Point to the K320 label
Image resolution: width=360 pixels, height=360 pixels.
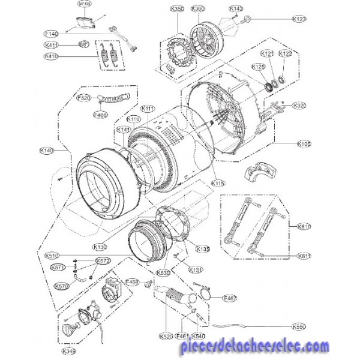pos(299,106)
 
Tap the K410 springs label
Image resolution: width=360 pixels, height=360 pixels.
pos(52,56)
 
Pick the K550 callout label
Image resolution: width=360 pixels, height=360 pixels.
pos(298,327)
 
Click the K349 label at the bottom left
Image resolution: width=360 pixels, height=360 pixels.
pos(69,350)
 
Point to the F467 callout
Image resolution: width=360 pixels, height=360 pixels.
pos(230,298)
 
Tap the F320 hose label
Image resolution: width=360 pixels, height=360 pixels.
pos(83,98)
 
